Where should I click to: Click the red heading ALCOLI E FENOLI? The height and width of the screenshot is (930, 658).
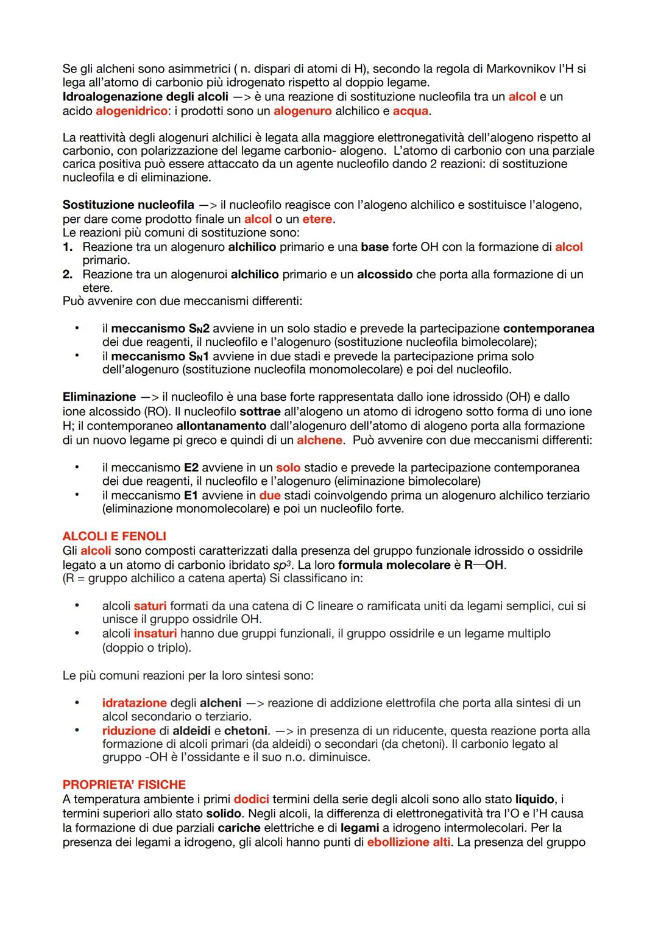[x=114, y=536]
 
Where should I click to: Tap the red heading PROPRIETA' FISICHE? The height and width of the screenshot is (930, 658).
[x=124, y=784]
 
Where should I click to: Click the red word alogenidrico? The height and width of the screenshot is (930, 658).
[x=131, y=111]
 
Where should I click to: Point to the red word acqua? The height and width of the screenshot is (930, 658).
[x=410, y=111]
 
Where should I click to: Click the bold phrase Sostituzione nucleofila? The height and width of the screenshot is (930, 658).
[x=128, y=205]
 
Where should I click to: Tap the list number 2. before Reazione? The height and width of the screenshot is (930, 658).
[x=68, y=274]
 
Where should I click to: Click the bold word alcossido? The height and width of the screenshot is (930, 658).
[x=384, y=274]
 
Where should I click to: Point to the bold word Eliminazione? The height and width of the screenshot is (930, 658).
[x=99, y=396]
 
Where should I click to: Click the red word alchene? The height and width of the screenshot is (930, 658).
[x=320, y=439]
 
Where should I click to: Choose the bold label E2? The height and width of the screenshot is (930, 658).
[x=191, y=467]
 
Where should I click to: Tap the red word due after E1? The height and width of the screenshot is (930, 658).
[x=269, y=495]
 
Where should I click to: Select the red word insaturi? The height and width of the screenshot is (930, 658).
[x=155, y=633]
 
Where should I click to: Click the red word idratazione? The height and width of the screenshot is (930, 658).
[x=134, y=703]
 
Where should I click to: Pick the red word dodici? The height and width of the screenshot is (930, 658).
[x=251, y=798]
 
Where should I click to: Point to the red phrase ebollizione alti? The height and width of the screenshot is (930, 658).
[x=408, y=842]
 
